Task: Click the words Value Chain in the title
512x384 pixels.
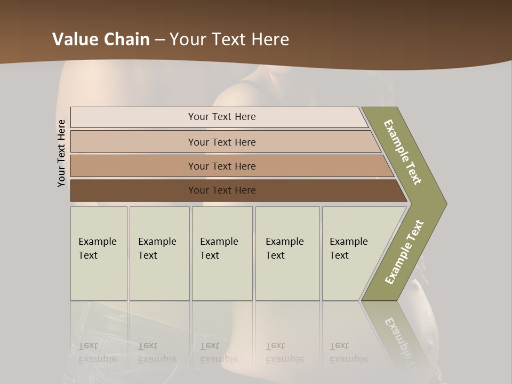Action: [101, 39]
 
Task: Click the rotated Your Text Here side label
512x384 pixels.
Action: [61, 153]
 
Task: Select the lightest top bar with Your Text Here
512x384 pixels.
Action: [221, 117]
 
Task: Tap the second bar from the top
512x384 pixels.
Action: [221, 142]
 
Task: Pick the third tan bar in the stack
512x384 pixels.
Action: [221, 166]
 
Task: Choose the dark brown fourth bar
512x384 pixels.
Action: [221, 190]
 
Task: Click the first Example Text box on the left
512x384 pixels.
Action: [99, 253]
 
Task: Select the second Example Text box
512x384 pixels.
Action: [159, 253]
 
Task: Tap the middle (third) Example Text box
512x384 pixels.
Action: [222, 253]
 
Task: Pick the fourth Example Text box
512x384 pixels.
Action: [287, 253]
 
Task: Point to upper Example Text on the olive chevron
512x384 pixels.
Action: [403, 152]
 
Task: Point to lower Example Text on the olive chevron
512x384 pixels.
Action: [404, 252]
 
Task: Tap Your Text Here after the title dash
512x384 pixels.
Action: [229, 39]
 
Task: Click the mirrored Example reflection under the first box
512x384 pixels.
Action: [97, 359]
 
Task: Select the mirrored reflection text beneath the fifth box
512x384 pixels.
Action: [349, 354]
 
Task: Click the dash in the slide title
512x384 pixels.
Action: [159, 40]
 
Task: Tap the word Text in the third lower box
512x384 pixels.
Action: [210, 255]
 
